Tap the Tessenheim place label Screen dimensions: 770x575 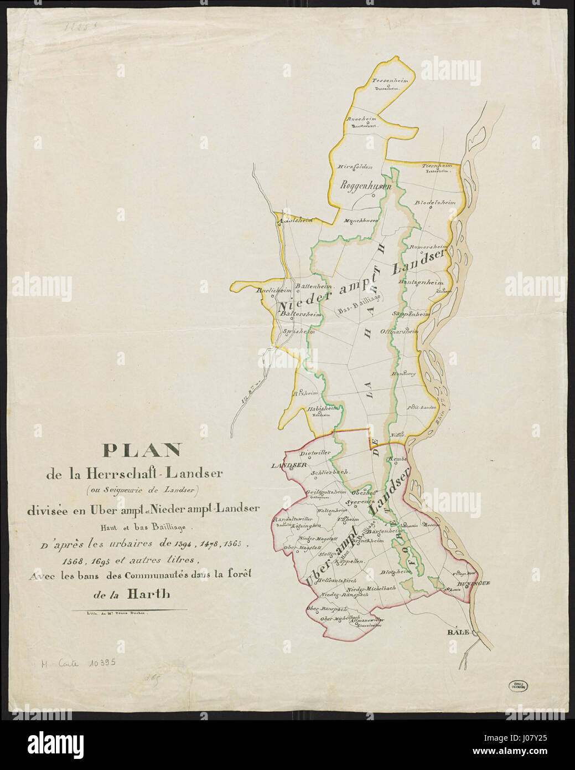click(390, 81)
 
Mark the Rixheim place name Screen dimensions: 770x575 click(305, 393)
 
